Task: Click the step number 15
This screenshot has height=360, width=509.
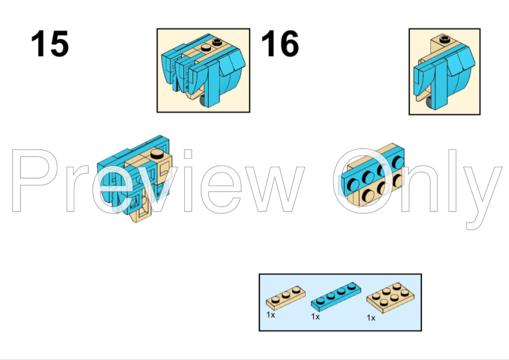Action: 50,43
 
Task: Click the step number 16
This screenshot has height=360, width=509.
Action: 280,43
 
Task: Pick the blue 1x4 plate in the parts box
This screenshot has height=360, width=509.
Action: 336,295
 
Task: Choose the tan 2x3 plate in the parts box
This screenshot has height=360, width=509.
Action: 391,297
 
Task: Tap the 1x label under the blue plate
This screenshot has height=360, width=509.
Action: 315,317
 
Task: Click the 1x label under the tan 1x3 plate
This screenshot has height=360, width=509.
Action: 271,315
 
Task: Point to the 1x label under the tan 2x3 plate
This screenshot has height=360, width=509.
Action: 371,318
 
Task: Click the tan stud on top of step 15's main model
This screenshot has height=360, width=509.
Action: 157,154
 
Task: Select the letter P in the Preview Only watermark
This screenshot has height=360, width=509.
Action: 34,181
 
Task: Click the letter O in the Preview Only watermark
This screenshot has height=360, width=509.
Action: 364,181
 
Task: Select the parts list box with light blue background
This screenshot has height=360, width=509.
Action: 340,302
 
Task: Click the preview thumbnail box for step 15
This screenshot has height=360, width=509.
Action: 203,71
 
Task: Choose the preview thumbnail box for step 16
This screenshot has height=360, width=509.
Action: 444,72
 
